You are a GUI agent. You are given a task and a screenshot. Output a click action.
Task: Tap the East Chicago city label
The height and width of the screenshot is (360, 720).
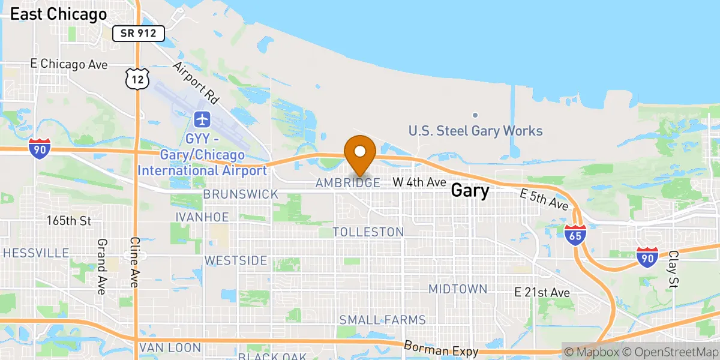click(x=59, y=14)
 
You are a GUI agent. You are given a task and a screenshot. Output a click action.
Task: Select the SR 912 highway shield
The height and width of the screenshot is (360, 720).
click(x=139, y=34)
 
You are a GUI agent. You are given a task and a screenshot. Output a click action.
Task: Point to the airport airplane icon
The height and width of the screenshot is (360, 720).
click(x=203, y=119)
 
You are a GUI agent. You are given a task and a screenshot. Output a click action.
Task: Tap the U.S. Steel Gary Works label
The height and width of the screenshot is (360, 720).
click(x=475, y=131)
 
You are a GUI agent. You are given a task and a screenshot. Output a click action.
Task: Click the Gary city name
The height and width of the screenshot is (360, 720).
click(x=470, y=191)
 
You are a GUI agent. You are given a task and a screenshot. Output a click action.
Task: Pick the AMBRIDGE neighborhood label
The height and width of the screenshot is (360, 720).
click(x=348, y=183)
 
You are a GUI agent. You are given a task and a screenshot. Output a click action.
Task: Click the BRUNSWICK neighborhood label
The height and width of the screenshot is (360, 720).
click(x=241, y=194)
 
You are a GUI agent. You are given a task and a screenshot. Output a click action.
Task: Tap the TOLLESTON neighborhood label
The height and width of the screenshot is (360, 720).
click(x=368, y=232)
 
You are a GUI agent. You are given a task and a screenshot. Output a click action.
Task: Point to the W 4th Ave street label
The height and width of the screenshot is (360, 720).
click(x=419, y=181)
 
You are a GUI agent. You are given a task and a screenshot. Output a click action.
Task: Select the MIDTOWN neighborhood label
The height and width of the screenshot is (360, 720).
click(x=458, y=289)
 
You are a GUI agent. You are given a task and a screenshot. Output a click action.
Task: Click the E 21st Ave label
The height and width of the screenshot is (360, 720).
click(x=542, y=292)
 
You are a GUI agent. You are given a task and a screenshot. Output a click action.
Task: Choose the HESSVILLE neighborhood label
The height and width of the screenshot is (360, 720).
click(x=36, y=253)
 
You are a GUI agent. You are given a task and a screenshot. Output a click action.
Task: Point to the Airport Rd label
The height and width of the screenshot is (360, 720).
click(x=196, y=82)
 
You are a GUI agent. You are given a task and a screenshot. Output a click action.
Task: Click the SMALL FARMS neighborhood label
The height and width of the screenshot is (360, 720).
click(x=382, y=320)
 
